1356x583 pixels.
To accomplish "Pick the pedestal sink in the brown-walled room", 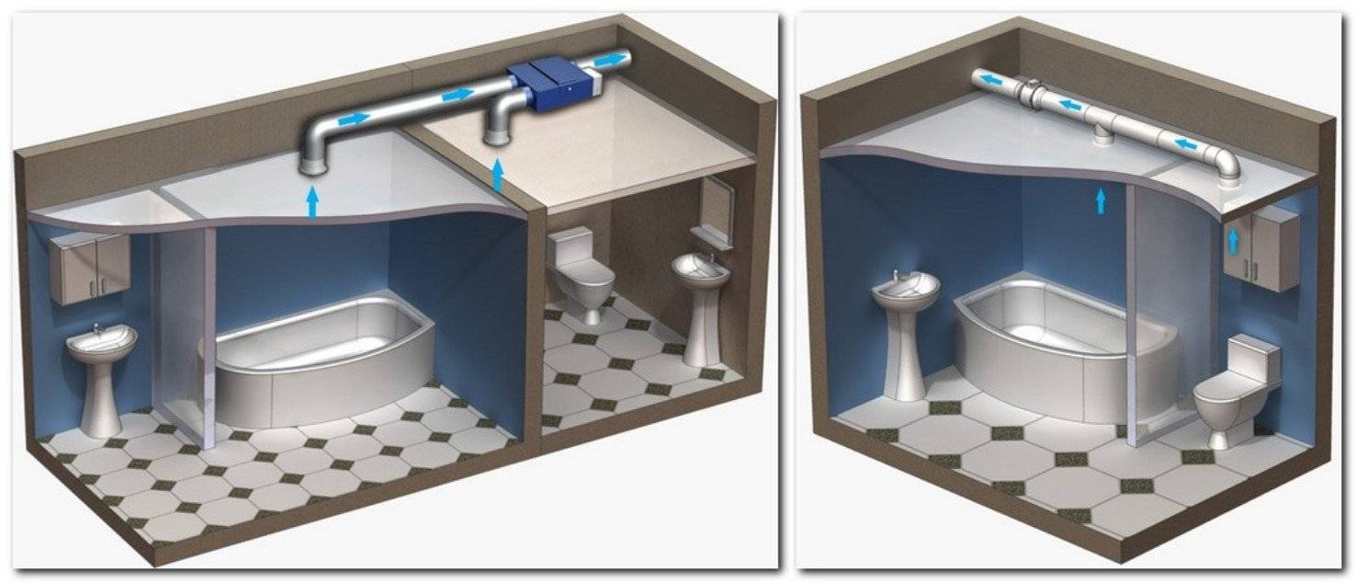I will coord(701,294).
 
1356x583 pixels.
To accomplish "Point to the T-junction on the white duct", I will coord(1102,123).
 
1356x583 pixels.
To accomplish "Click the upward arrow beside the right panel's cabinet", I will coord(1233,241).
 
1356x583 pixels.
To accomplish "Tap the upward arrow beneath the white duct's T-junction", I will coord(1101,200).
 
